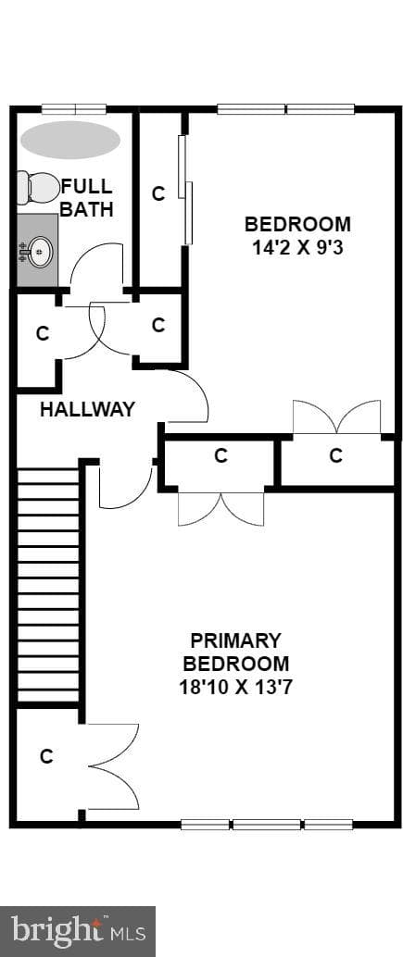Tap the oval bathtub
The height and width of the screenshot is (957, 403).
(x=70, y=140)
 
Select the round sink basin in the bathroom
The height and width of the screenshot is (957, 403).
(x=41, y=250)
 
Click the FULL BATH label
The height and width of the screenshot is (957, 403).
(x=86, y=197)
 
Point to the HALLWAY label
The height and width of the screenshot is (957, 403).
(x=87, y=409)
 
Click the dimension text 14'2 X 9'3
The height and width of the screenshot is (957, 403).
(x=298, y=247)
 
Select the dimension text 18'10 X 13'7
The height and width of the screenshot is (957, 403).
(x=236, y=688)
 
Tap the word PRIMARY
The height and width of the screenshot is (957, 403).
(x=235, y=640)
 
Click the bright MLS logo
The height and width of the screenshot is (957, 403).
(x=78, y=931)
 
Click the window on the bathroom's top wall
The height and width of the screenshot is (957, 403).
(x=74, y=110)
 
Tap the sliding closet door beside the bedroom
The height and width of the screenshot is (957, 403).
(x=185, y=190)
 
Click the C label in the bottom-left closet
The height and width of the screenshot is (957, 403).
(x=46, y=757)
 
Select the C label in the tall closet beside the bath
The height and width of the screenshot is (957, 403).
(x=158, y=194)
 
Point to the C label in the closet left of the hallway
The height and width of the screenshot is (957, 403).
(x=42, y=334)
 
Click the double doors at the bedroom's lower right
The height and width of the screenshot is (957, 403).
(x=336, y=416)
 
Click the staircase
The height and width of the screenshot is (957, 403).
(x=48, y=584)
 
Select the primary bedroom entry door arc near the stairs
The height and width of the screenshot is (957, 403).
(x=125, y=489)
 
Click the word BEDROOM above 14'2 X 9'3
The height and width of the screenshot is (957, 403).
(x=298, y=224)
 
